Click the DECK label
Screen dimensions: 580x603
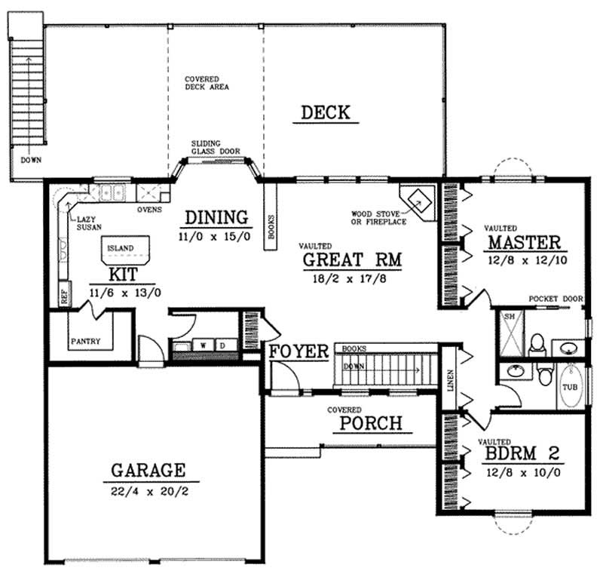pos(326,113)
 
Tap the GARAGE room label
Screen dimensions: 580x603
pos(148,471)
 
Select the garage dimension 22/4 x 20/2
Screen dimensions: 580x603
pos(148,492)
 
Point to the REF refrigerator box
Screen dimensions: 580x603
pos(64,295)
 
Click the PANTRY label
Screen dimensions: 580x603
pos(86,341)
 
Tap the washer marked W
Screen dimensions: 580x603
pos(204,345)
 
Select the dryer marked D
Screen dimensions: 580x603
pos(223,345)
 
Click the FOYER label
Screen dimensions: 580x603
pos(298,352)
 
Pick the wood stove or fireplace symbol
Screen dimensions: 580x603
pos(418,200)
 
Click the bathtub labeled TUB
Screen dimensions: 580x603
pos(571,386)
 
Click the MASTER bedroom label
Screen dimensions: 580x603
pos(524,243)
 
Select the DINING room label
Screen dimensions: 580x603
pos(216,217)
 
